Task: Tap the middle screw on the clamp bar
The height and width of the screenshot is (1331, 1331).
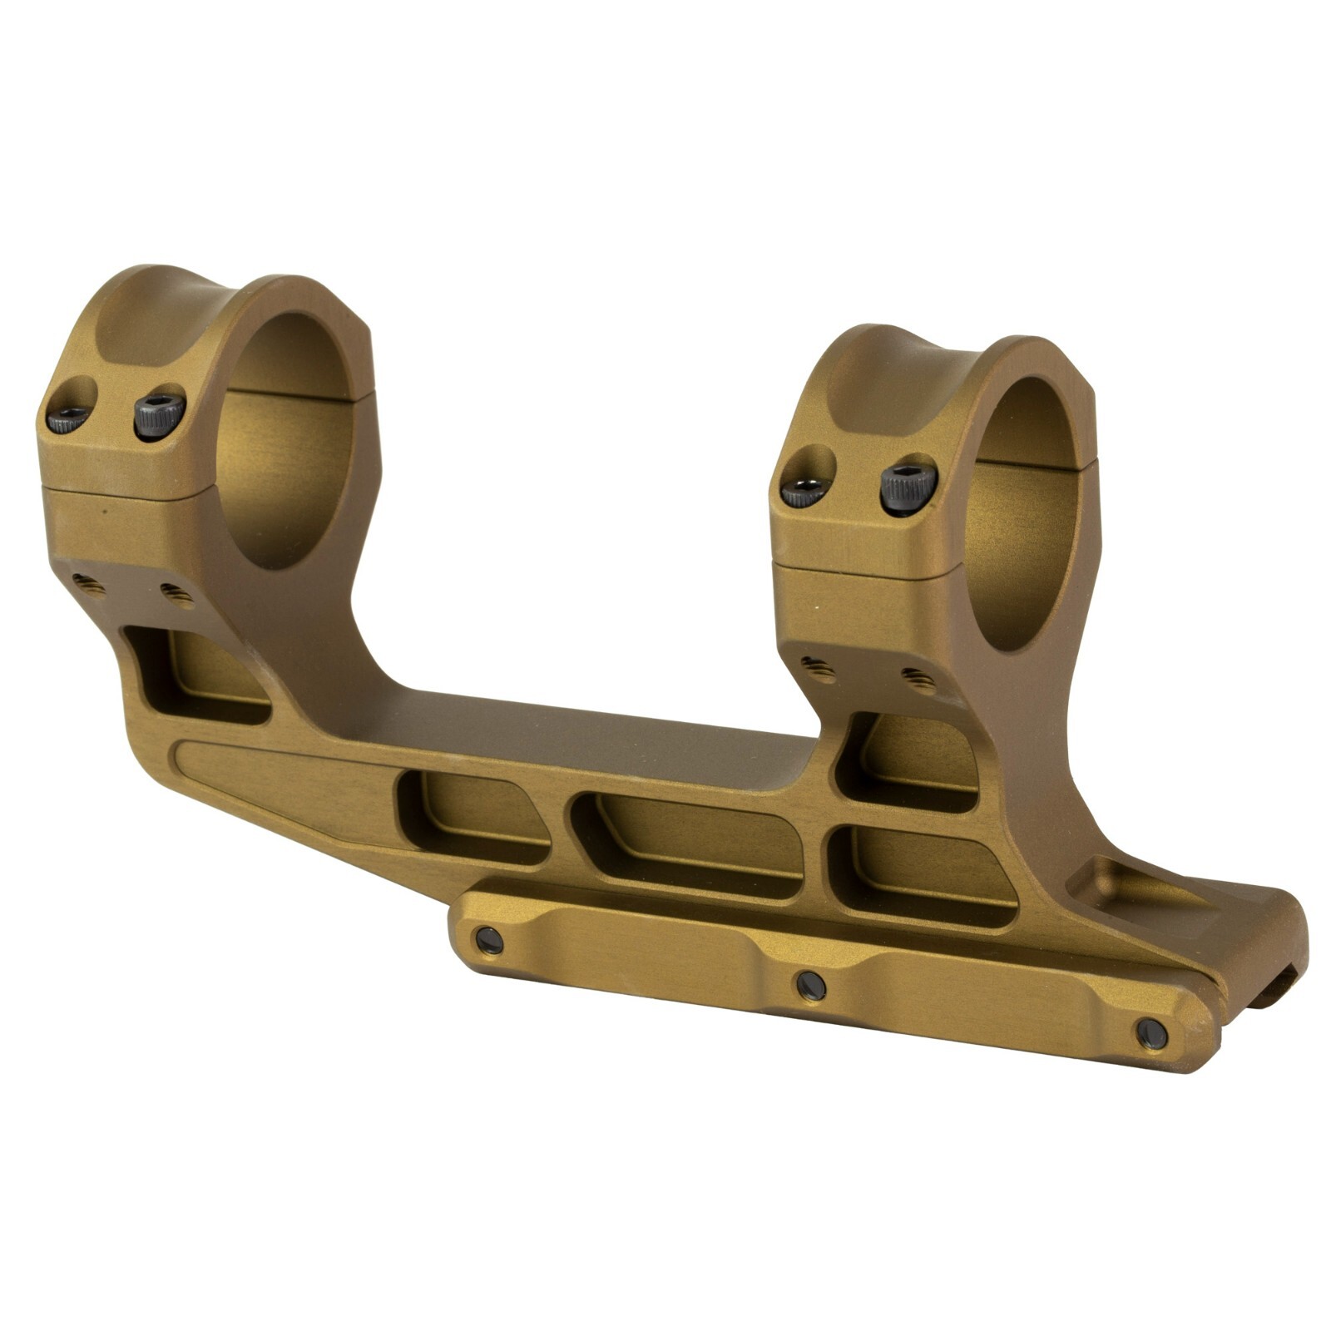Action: (x=810, y=986)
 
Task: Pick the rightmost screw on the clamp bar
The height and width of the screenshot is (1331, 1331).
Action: (x=1151, y=1032)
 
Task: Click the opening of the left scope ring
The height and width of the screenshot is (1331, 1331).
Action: (x=291, y=441)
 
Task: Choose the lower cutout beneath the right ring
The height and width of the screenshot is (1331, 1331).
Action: (x=923, y=873)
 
